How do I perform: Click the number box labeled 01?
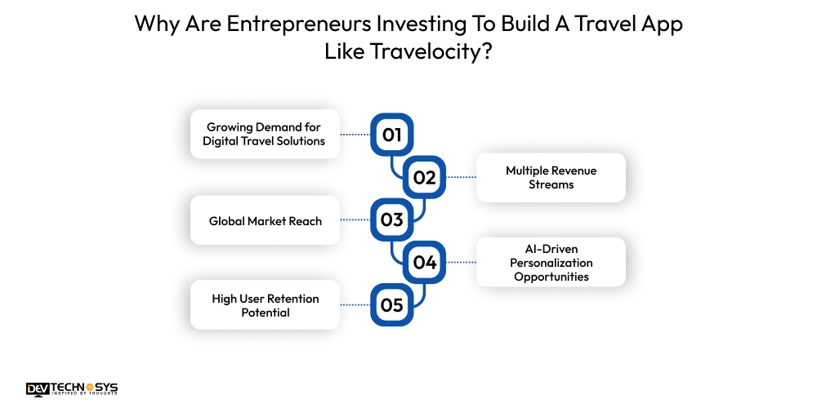click(392, 135)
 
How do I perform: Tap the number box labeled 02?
click(425, 177)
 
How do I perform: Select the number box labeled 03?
click(392, 220)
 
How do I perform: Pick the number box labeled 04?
click(425, 262)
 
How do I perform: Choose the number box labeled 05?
click(392, 305)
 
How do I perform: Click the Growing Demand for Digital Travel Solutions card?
click(265, 134)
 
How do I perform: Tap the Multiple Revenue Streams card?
click(551, 177)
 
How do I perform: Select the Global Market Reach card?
click(265, 220)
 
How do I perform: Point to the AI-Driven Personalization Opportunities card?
click(551, 263)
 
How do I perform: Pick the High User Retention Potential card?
click(265, 305)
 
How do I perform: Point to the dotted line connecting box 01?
click(355, 135)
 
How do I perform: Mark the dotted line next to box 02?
click(461, 177)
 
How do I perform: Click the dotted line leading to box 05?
click(355, 305)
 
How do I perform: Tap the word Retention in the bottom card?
click(293, 299)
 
